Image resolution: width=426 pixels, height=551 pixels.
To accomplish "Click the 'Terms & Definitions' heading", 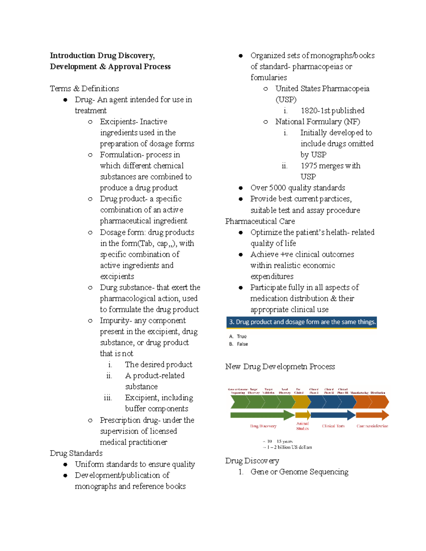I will point(84,88).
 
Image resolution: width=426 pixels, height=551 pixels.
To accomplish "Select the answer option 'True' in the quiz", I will point(241,336).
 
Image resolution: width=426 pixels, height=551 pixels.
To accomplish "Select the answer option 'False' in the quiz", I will point(242,344).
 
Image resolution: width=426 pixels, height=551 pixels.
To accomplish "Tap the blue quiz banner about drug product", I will point(301,322).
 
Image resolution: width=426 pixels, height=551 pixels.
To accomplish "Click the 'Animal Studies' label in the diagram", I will point(302,426).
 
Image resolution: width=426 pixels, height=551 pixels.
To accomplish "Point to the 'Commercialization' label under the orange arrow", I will point(372,426).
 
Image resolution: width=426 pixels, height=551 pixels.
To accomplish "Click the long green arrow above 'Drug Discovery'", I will point(262,415).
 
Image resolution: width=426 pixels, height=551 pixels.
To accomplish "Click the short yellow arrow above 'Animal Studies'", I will point(303,415).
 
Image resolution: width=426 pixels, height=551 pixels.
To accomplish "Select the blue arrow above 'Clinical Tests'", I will point(333,415).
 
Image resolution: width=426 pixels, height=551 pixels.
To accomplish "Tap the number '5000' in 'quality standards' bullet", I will point(277,188).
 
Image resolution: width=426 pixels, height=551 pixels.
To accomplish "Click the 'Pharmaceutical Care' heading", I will point(260,221).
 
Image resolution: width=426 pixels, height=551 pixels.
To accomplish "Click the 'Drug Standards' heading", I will point(76,453).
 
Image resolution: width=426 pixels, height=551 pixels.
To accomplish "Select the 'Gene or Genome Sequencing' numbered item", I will point(299,472).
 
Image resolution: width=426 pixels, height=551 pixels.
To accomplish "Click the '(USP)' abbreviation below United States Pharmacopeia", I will point(286,100).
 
